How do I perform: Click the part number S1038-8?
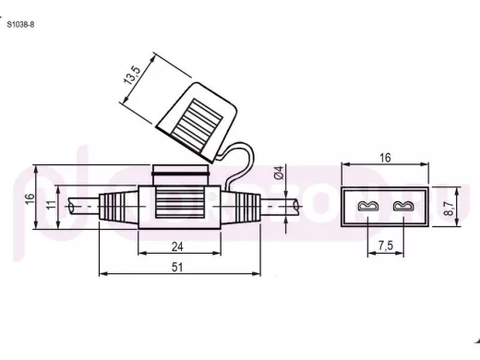click(20, 25)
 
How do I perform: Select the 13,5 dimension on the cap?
click(132, 75)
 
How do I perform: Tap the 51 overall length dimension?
click(177, 267)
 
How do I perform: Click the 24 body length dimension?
click(177, 246)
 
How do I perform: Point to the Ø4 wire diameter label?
click(278, 173)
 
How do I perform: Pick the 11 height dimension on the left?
click(52, 205)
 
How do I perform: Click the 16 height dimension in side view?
click(30, 198)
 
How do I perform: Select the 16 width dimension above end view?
click(385, 158)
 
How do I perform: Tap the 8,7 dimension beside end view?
click(450, 209)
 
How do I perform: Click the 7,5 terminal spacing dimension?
click(386, 246)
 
